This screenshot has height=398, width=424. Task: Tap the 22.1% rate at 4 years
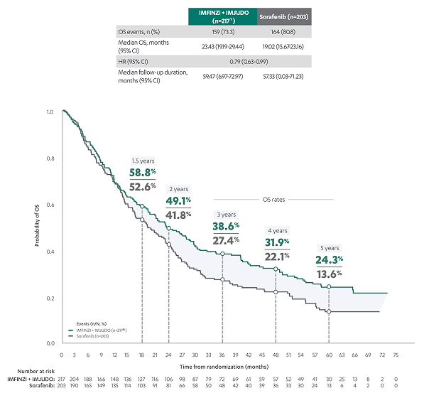pyautogui.click(x=277, y=257)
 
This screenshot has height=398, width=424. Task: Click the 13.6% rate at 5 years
pyautogui.click(x=329, y=274)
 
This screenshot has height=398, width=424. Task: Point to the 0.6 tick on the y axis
pyautogui.click(x=50, y=205)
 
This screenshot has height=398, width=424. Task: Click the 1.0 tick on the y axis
pyautogui.click(x=50, y=112)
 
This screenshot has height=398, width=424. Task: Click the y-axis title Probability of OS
pyautogui.click(x=36, y=227)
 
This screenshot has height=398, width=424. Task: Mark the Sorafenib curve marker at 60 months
pyautogui.click(x=329, y=311)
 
